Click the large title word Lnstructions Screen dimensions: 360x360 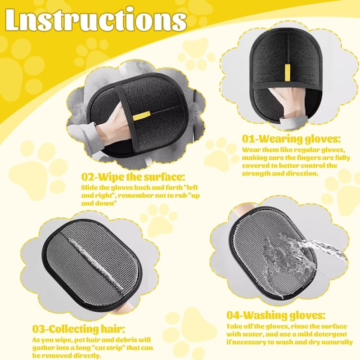(x=96, y=20)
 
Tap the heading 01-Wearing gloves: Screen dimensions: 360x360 (x=291, y=139)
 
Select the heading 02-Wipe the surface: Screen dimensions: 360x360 (x=133, y=177)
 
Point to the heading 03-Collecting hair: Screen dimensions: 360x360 (x=78, y=329)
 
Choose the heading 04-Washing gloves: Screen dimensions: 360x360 (x=276, y=315)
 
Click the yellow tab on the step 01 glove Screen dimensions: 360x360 (x=287, y=72)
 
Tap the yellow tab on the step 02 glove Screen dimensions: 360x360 (x=142, y=116)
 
